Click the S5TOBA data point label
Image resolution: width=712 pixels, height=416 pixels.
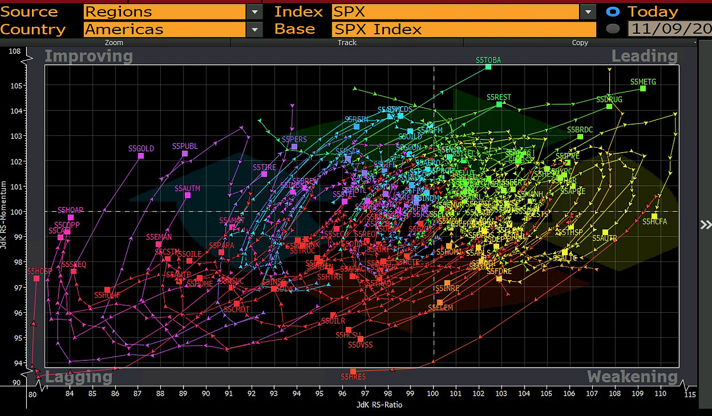tap(488, 60)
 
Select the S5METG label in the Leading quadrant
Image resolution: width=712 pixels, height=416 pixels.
tap(644, 81)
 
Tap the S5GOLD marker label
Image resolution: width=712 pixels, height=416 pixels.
tap(141, 148)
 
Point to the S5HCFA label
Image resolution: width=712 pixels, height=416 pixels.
tap(654, 222)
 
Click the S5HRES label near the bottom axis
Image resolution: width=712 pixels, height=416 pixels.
tap(353, 377)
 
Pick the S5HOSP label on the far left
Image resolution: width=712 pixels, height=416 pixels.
tap(39, 271)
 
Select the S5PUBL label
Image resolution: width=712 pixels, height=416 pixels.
tap(185, 146)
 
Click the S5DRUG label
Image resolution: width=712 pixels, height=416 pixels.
tap(609, 99)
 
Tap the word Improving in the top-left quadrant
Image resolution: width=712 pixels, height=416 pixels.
tap(88, 56)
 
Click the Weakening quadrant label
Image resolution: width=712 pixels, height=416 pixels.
tap(632, 377)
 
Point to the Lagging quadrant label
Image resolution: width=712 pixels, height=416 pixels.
tap(78, 377)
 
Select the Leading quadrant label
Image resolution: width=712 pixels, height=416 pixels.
tap(644, 56)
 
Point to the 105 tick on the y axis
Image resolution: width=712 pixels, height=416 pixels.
tap(15, 85)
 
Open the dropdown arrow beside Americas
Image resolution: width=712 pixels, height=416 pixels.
tap(255, 29)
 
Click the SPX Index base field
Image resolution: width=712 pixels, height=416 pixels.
tap(463, 29)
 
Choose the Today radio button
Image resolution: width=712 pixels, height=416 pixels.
tap(614, 11)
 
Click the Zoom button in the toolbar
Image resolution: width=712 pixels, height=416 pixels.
tap(114, 43)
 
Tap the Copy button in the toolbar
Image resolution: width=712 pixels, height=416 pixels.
tap(580, 43)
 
